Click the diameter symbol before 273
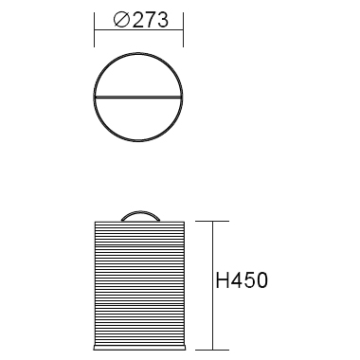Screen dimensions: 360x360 (121, 20)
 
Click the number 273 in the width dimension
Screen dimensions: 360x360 (151, 20)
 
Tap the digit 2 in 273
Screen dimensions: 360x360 (138, 20)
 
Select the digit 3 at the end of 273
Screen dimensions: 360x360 (163, 20)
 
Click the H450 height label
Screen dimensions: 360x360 (242, 280)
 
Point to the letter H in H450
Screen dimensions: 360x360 (222, 280)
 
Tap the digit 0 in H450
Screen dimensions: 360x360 (261, 280)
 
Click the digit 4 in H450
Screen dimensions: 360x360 (236, 280)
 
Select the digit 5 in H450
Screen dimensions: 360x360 (249, 280)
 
